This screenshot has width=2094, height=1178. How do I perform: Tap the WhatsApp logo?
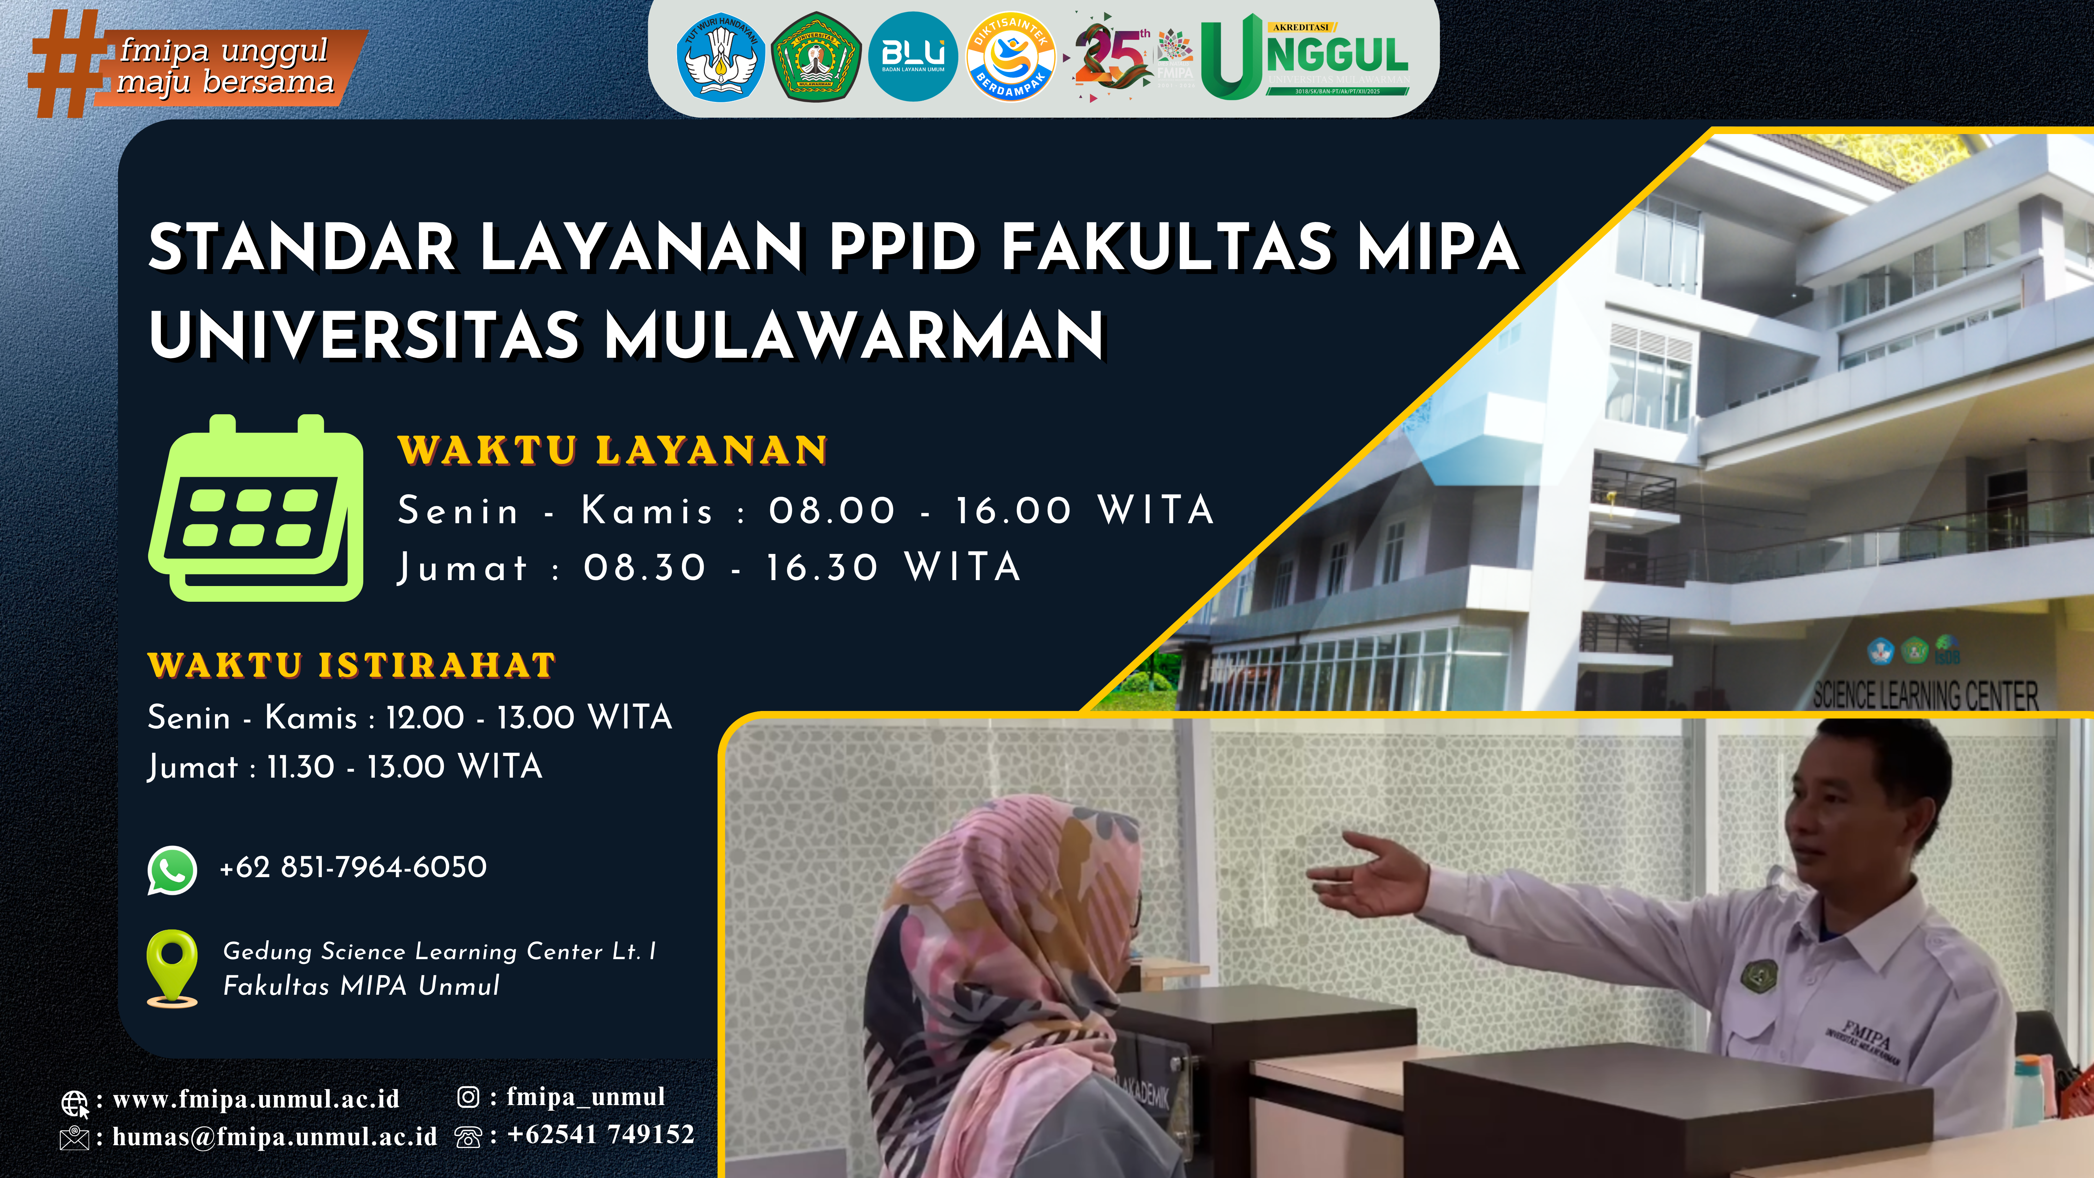coord(172,870)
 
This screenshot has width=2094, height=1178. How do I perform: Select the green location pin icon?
coord(172,968)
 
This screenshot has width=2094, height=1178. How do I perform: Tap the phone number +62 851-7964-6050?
coord(353,867)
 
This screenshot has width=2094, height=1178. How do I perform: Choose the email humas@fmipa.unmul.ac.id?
coord(275,1136)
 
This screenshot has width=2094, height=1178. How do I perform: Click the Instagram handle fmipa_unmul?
coord(585,1097)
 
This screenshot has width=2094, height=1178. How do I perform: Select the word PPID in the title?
coord(902,247)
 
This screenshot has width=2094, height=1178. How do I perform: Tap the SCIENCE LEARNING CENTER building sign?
coord(1925,695)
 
